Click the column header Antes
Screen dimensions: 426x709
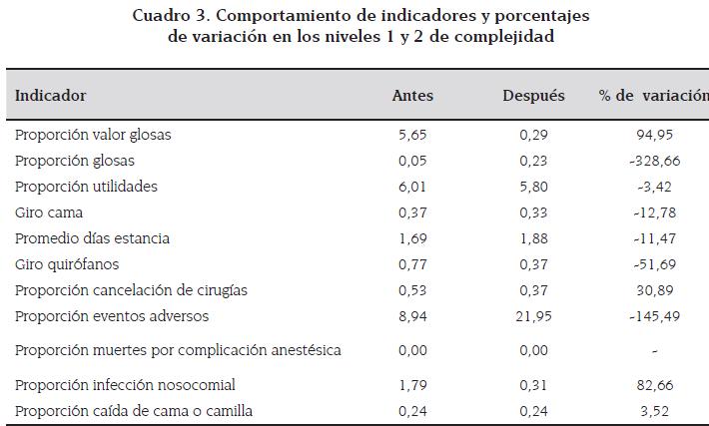[x=411, y=96]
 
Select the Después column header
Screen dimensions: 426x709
[x=534, y=96]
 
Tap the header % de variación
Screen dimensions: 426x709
[x=652, y=96]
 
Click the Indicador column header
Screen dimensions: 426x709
[x=50, y=96]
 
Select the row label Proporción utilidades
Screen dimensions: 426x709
[x=86, y=187]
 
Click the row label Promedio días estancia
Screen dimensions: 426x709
[x=92, y=238]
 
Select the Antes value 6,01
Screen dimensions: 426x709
[x=411, y=187]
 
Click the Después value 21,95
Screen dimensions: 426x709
[x=534, y=316]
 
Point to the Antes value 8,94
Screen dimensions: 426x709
[x=411, y=316]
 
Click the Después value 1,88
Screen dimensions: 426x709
[x=534, y=238]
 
